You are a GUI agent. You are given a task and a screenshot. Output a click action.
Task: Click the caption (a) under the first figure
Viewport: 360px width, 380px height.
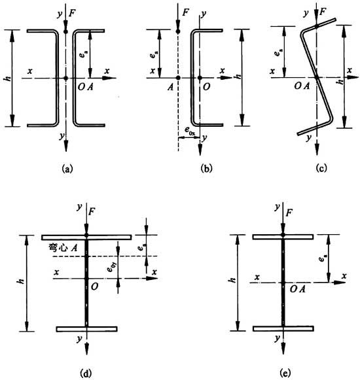[x=67, y=169]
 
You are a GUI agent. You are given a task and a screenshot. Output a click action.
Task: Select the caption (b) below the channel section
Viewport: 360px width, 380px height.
[x=206, y=169]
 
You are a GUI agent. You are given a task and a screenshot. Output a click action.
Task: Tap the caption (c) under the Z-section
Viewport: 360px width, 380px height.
[x=321, y=169]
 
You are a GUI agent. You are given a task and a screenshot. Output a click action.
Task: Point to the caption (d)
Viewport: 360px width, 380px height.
[x=86, y=373]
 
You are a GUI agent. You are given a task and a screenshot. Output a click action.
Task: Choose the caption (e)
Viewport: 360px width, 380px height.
[x=285, y=373]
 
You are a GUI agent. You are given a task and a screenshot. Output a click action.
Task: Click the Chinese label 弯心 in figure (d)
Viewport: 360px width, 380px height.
[x=58, y=248]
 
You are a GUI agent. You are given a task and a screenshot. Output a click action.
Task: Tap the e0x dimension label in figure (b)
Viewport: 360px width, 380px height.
[x=190, y=130]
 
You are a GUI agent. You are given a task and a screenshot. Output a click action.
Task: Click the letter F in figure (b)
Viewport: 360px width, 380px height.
[x=185, y=12]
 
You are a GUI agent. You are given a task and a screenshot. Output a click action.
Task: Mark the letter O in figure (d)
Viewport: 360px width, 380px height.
[x=95, y=286]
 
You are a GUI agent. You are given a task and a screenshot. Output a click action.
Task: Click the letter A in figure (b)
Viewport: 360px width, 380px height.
[x=171, y=87]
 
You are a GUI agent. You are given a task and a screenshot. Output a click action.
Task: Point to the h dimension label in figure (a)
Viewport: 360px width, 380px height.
[x=8, y=78]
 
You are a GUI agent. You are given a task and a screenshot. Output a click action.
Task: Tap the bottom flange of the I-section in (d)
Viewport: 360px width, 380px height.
[x=87, y=329]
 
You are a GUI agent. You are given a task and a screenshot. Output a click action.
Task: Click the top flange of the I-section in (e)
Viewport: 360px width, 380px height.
[x=283, y=237]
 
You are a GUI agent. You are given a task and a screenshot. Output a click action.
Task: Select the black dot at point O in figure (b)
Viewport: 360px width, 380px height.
[x=200, y=78]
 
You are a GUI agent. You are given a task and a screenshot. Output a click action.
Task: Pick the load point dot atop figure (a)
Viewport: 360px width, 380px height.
[x=65, y=31]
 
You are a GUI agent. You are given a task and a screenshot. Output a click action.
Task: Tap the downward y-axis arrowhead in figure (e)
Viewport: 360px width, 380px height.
[x=283, y=348]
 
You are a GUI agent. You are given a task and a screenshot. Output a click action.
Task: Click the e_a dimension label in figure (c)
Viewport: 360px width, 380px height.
[x=278, y=52]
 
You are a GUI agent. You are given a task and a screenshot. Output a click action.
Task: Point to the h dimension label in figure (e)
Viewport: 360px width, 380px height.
[x=232, y=280]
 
